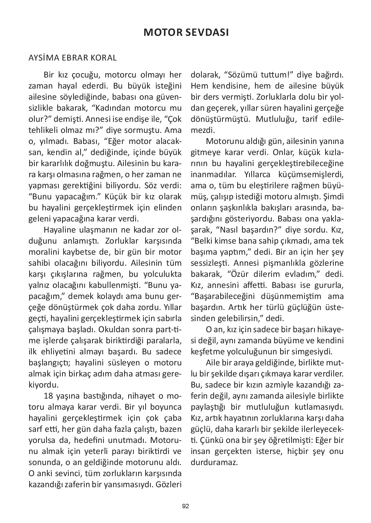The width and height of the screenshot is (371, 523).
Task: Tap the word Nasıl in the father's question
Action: (x=234, y=230)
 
